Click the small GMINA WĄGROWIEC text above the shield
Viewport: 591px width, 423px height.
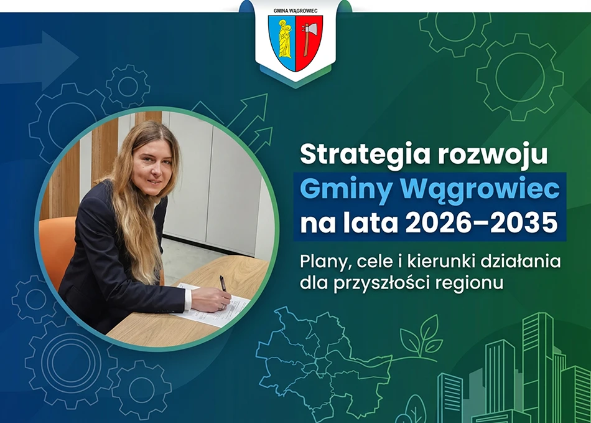click(295, 11)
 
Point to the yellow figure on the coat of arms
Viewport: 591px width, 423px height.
click(284, 39)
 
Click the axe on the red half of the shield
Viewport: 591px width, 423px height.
click(309, 38)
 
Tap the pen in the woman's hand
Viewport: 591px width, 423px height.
click(223, 283)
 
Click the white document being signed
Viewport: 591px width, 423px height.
click(213, 307)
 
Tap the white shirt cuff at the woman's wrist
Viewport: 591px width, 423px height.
click(188, 300)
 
